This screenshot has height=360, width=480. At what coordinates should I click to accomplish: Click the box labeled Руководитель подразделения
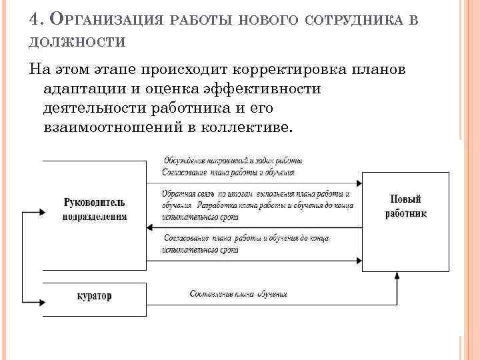(x=95, y=209)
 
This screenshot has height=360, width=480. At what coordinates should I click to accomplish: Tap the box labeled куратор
(x=95, y=295)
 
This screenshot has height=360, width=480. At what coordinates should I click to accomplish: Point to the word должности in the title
(x=77, y=41)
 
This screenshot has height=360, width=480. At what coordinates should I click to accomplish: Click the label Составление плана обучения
(x=238, y=293)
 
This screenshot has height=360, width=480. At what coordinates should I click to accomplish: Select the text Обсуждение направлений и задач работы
(x=232, y=161)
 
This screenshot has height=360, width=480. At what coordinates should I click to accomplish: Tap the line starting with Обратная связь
(x=256, y=193)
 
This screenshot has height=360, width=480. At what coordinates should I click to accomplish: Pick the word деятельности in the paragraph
(x=100, y=108)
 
